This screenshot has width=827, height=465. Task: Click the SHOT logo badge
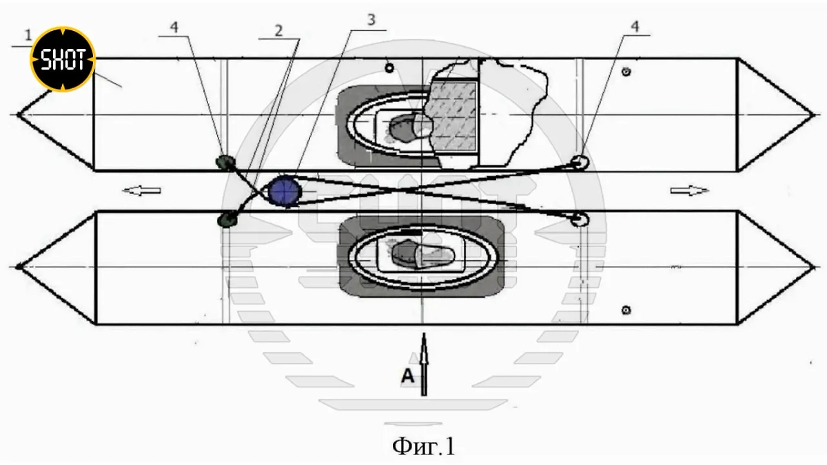[x=62, y=60]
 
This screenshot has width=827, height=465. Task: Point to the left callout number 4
[x=174, y=28]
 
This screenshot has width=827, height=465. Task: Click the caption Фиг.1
[x=424, y=446]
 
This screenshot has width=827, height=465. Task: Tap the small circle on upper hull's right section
[x=626, y=72]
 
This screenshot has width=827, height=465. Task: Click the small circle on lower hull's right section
[x=626, y=310]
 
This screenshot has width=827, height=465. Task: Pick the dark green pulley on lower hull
[x=226, y=220]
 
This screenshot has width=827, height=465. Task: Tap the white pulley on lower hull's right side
[x=580, y=218]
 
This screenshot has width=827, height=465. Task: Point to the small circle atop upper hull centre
[x=389, y=68]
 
